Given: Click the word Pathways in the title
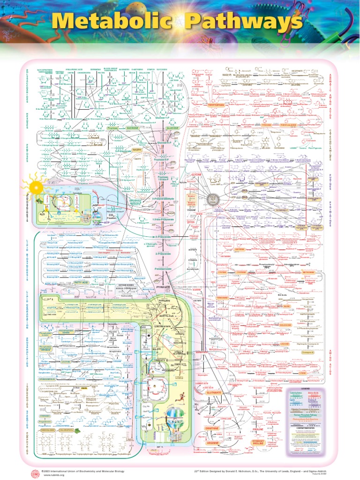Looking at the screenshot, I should pos(244,22).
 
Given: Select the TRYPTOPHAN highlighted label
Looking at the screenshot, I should pos(217,105).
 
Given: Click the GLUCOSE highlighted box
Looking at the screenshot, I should pos(172,127).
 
